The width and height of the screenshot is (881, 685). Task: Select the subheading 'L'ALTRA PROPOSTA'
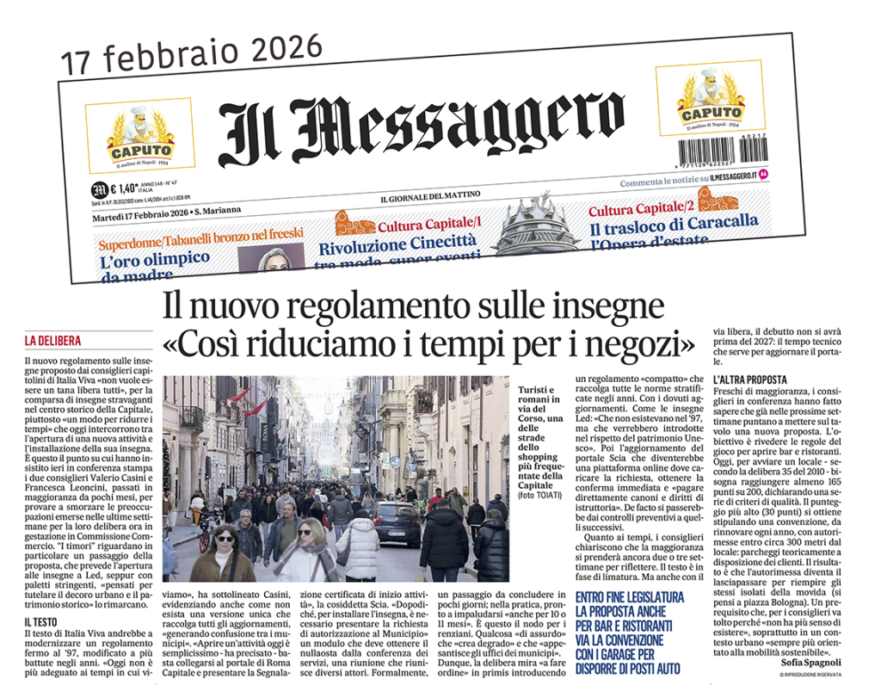[x=750, y=379]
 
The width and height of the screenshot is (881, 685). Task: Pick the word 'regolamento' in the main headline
[x=365, y=306]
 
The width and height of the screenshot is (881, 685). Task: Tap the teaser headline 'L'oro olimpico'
[x=155, y=259]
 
